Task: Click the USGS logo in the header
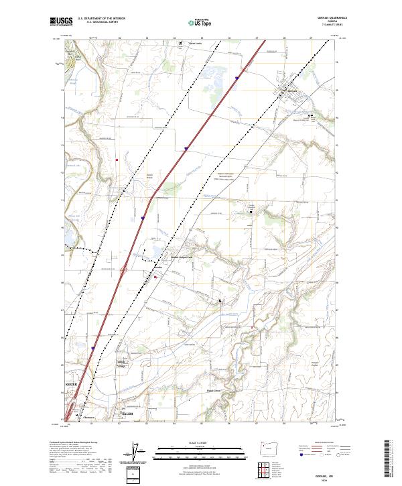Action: click(x=61, y=21)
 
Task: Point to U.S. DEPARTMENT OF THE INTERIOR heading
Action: click(x=101, y=19)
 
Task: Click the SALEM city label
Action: click(x=127, y=414)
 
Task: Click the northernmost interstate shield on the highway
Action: click(x=237, y=78)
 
